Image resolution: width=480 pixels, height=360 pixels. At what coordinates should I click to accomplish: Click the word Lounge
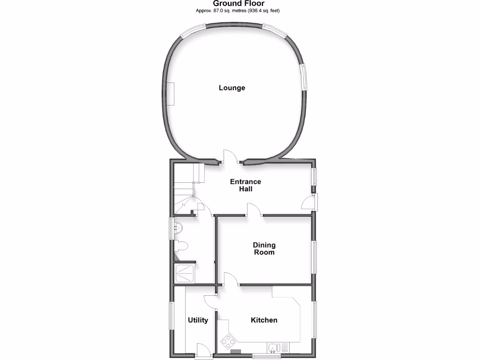click(232, 88)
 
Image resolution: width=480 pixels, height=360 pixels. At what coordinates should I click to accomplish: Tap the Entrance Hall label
click(245, 185)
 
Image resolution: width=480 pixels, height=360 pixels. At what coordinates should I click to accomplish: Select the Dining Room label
click(264, 248)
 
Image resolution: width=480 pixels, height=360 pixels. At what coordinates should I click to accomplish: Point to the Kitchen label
click(264, 320)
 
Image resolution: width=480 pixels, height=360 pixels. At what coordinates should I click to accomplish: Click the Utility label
click(198, 320)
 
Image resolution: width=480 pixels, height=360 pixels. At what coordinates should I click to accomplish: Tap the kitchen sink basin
click(274, 348)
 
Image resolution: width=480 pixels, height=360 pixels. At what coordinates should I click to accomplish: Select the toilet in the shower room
click(181, 246)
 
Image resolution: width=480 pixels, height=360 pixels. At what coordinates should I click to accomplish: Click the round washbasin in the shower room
click(178, 228)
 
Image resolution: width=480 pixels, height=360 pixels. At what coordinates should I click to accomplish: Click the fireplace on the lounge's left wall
click(172, 94)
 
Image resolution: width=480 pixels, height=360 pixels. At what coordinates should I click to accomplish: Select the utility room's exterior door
click(203, 351)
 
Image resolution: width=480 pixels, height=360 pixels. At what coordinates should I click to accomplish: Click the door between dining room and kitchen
click(231, 279)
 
